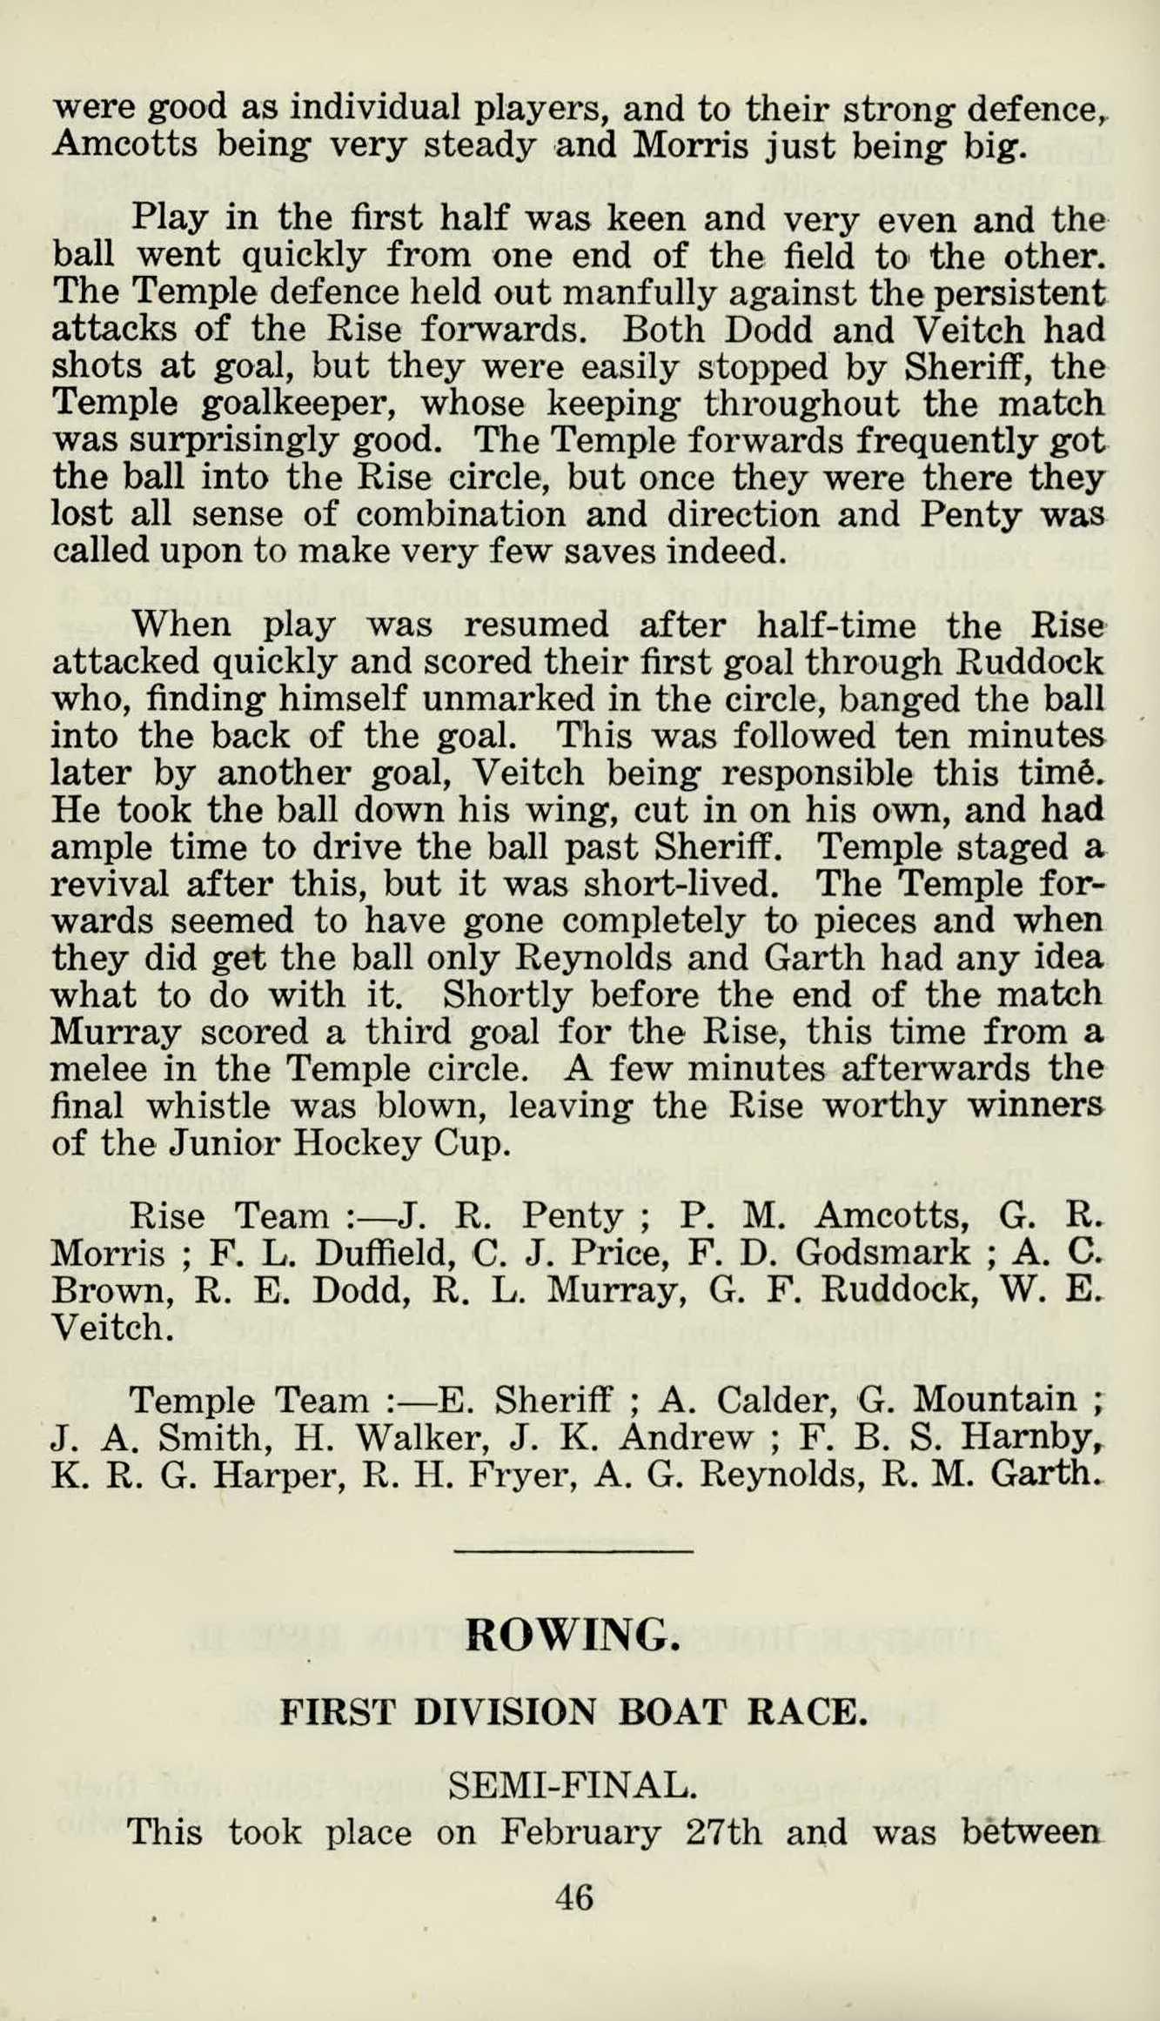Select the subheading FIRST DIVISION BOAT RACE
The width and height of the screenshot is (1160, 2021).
[x=573, y=1712]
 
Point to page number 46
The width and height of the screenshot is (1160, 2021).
[x=574, y=1896]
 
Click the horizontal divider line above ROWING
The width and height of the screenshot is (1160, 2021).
[x=573, y=1549]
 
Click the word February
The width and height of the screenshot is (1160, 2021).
[x=580, y=1833]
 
